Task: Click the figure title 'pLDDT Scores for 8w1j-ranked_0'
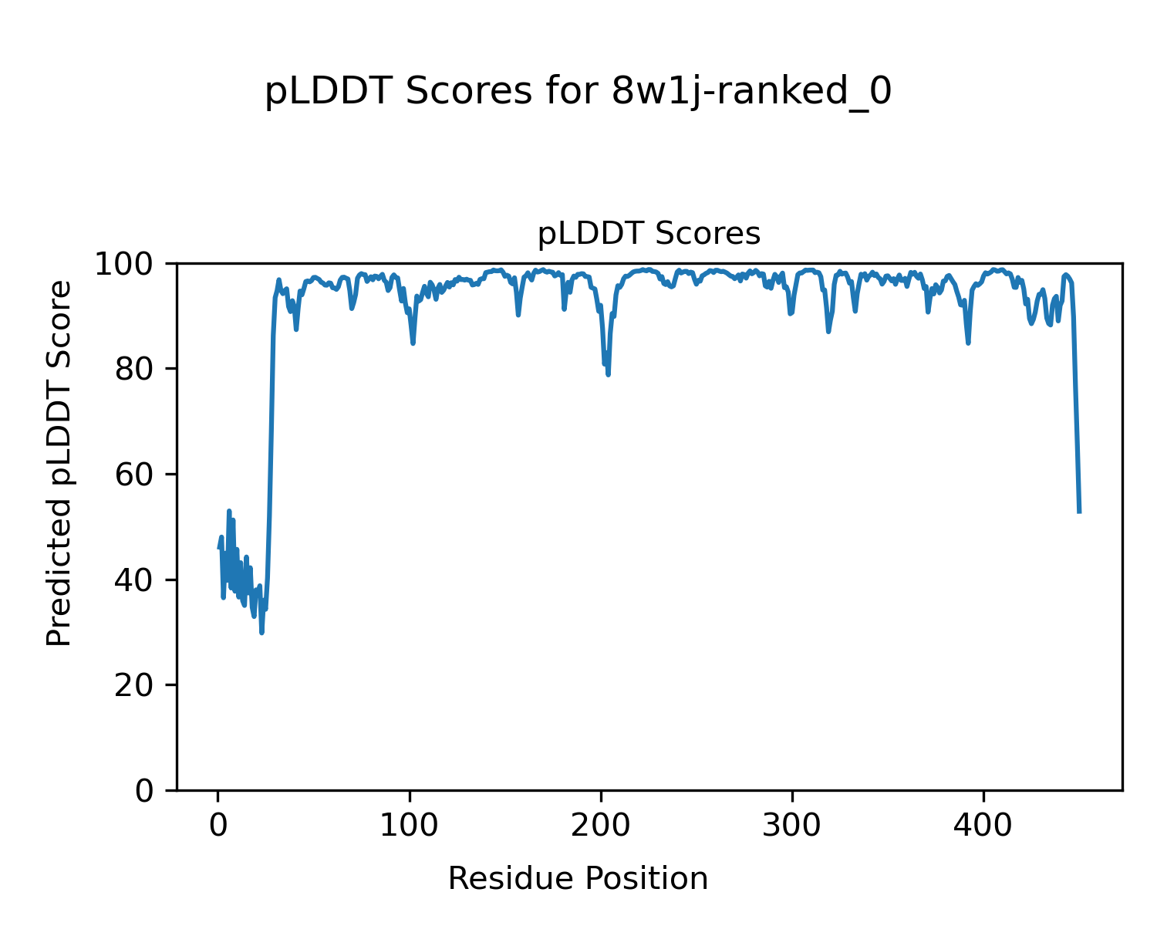(578, 93)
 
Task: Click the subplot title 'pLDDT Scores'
(649, 234)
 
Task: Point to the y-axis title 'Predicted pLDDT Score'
(59, 463)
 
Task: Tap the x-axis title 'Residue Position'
(578, 879)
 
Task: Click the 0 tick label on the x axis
(218, 826)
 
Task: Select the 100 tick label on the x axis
(410, 826)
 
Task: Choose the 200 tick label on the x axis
(601, 826)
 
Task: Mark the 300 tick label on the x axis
(792, 826)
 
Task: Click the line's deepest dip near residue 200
(609, 374)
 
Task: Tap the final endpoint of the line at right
(1079, 512)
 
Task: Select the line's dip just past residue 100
(413, 343)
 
